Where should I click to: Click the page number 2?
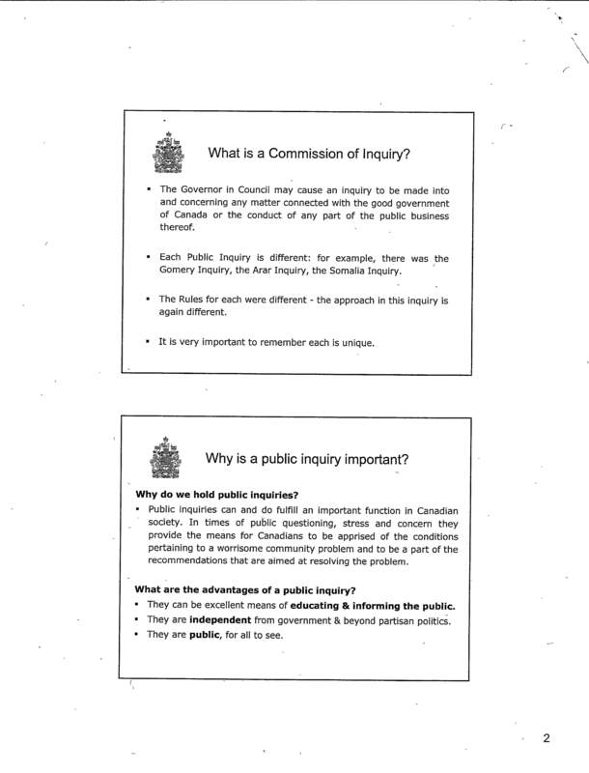[546, 740]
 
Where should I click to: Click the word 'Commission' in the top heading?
[303, 152]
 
